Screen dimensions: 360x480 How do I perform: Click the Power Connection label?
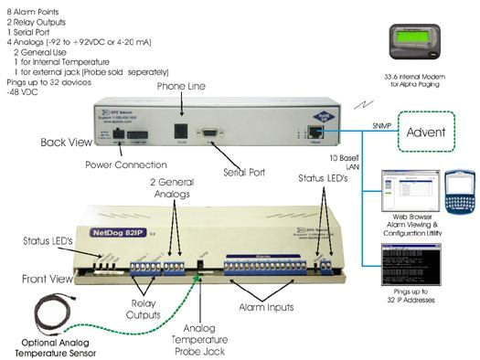(127, 165)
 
